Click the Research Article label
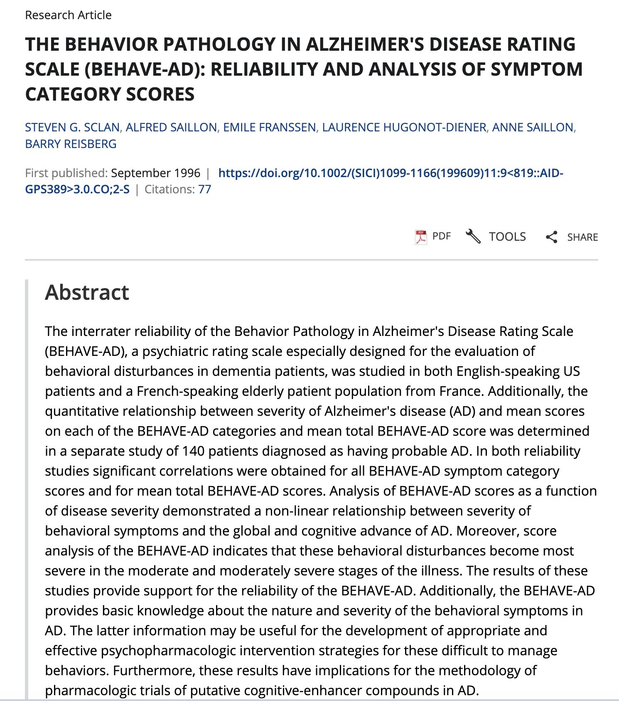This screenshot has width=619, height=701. coord(68,15)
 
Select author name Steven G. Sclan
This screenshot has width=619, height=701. coord(72,127)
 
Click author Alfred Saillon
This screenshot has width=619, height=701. coord(171,127)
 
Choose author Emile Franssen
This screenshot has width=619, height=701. coord(269,127)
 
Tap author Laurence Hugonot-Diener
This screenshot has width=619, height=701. coord(404,127)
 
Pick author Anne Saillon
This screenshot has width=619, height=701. coord(533,127)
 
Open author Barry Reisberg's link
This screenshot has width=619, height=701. coord(71,144)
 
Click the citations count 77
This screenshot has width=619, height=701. coord(205,190)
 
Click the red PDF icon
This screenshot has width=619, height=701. coord(421,237)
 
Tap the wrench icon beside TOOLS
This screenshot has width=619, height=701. coord(473,237)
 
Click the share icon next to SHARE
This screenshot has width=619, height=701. coord(551,237)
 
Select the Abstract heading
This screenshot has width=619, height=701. coord(87,292)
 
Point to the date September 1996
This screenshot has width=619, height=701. coord(155,173)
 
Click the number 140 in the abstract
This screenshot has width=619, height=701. coord(194,451)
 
